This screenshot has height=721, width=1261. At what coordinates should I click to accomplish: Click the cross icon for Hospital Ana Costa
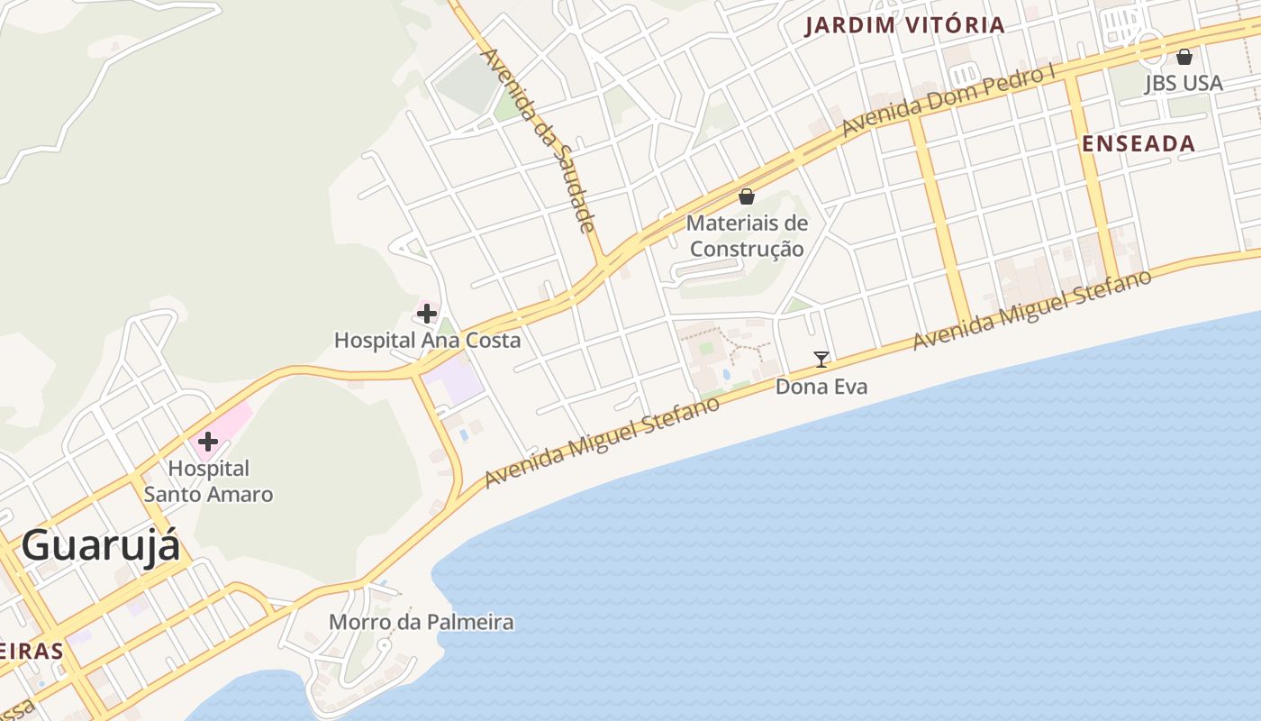pos(426,314)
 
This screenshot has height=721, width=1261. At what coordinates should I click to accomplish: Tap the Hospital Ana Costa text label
pos(427,341)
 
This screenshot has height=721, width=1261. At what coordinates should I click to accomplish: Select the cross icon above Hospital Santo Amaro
pos(208,442)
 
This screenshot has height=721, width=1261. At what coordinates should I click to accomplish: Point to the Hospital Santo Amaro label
pos(208,481)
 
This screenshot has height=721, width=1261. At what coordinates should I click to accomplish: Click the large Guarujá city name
pos(101,546)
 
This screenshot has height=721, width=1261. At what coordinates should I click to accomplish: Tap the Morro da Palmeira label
pos(421,622)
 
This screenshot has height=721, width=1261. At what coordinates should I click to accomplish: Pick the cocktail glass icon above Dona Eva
pos(821,360)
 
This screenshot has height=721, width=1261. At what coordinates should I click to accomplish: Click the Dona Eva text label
pos(821,387)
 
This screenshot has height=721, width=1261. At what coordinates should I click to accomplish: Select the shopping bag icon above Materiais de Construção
pos(747,196)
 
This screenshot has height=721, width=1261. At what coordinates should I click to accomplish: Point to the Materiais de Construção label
pos(747,236)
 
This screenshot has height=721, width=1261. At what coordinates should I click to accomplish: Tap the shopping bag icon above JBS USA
pos(1184,57)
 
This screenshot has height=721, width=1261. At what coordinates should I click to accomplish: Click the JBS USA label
pos(1184,84)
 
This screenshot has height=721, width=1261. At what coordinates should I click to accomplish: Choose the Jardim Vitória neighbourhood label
pos(904,25)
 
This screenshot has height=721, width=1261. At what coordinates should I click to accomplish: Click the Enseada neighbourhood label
pos(1139,143)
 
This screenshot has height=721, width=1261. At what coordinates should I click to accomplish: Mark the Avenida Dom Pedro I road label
pos(948,101)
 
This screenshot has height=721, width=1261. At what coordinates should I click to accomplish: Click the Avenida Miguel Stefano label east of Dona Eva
pos(1032,309)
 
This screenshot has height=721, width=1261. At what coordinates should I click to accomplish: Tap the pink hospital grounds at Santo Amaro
pos(232,423)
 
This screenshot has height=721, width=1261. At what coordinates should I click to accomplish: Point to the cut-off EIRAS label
pos(32,651)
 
